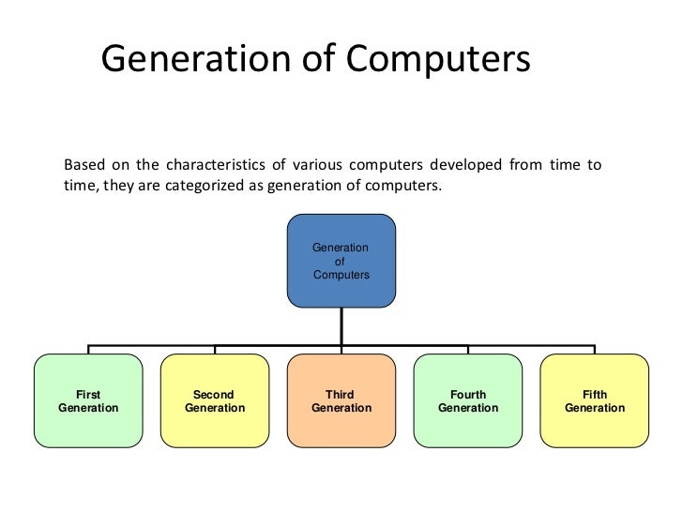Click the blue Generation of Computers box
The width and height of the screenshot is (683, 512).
point(341,262)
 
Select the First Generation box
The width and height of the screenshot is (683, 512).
point(88,400)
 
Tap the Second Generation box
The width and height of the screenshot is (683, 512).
point(214,400)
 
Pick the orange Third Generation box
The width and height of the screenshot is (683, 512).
point(341,400)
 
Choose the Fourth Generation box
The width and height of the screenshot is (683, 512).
point(468,400)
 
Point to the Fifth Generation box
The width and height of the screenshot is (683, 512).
point(594,400)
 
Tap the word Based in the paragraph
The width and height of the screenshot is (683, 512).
point(83,165)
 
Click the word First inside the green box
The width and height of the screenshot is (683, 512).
point(88,395)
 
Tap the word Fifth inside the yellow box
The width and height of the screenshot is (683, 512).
point(595,395)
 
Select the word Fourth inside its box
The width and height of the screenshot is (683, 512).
point(468,395)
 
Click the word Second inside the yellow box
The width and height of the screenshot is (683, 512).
point(214,395)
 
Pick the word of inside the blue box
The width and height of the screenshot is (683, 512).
point(340,262)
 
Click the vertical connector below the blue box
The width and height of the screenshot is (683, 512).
point(341,326)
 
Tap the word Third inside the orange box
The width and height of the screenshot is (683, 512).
point(340,395)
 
